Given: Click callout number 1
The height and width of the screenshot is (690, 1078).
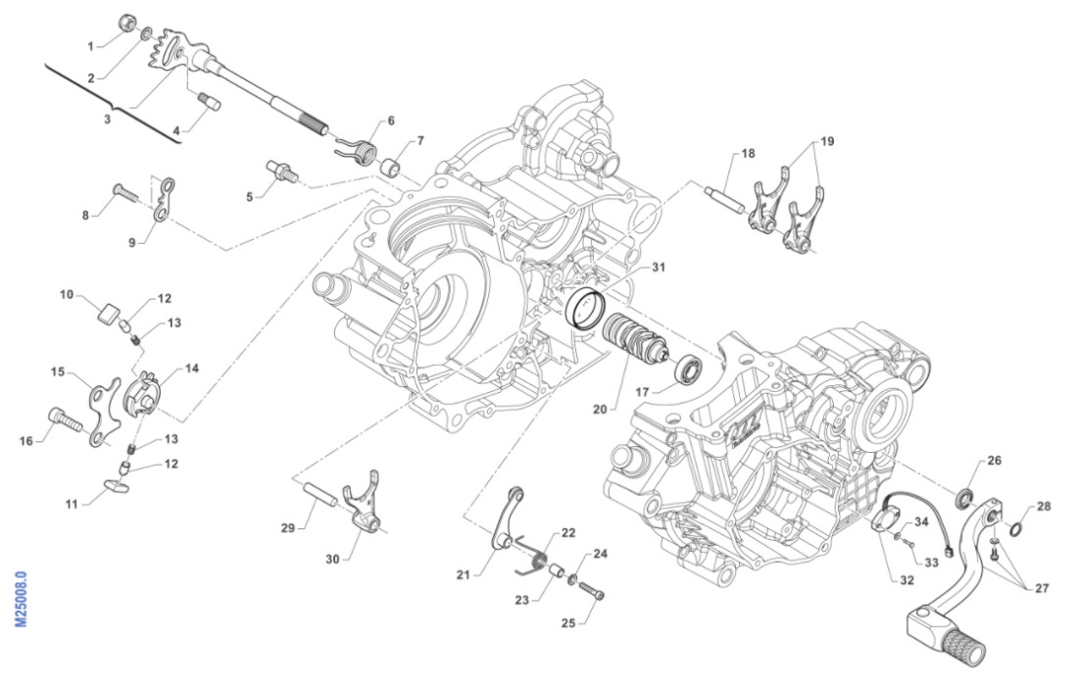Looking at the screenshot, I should tap(90, 46).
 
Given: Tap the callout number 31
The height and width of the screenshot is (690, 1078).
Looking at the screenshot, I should tap(659, 268).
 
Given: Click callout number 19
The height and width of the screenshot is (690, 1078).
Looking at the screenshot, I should tap(827, 141).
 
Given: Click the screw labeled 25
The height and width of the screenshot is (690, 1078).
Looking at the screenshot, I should tap(592, 593).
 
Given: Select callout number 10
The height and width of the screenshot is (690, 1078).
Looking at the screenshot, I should tap(67, 293).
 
